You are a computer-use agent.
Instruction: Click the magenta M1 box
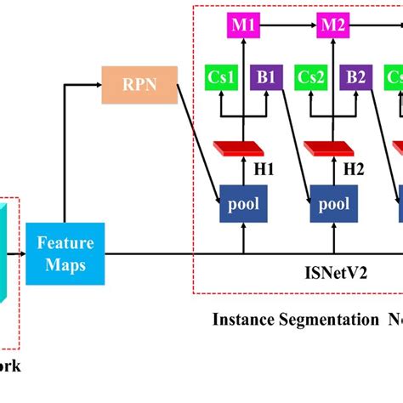(x=243, y=26)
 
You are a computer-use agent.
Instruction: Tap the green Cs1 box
(x=221, y=77)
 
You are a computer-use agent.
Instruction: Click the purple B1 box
(x=264, y=77)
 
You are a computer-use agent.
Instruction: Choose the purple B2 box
(x=355, y=77)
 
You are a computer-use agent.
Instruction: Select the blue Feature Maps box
(x=65, y=253)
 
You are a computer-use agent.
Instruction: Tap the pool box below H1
(x=243, y=204)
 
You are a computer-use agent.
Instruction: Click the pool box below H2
(x=334, y=204)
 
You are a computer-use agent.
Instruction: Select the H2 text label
(x=354, y=169)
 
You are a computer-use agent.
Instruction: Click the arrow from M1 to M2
(x=288, y=26)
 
